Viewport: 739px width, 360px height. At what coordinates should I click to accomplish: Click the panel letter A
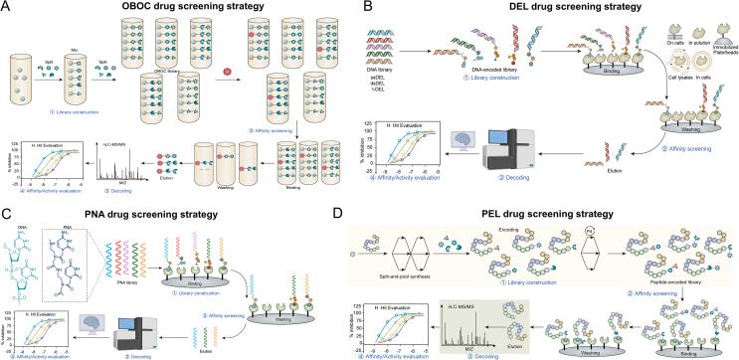point(8,8)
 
